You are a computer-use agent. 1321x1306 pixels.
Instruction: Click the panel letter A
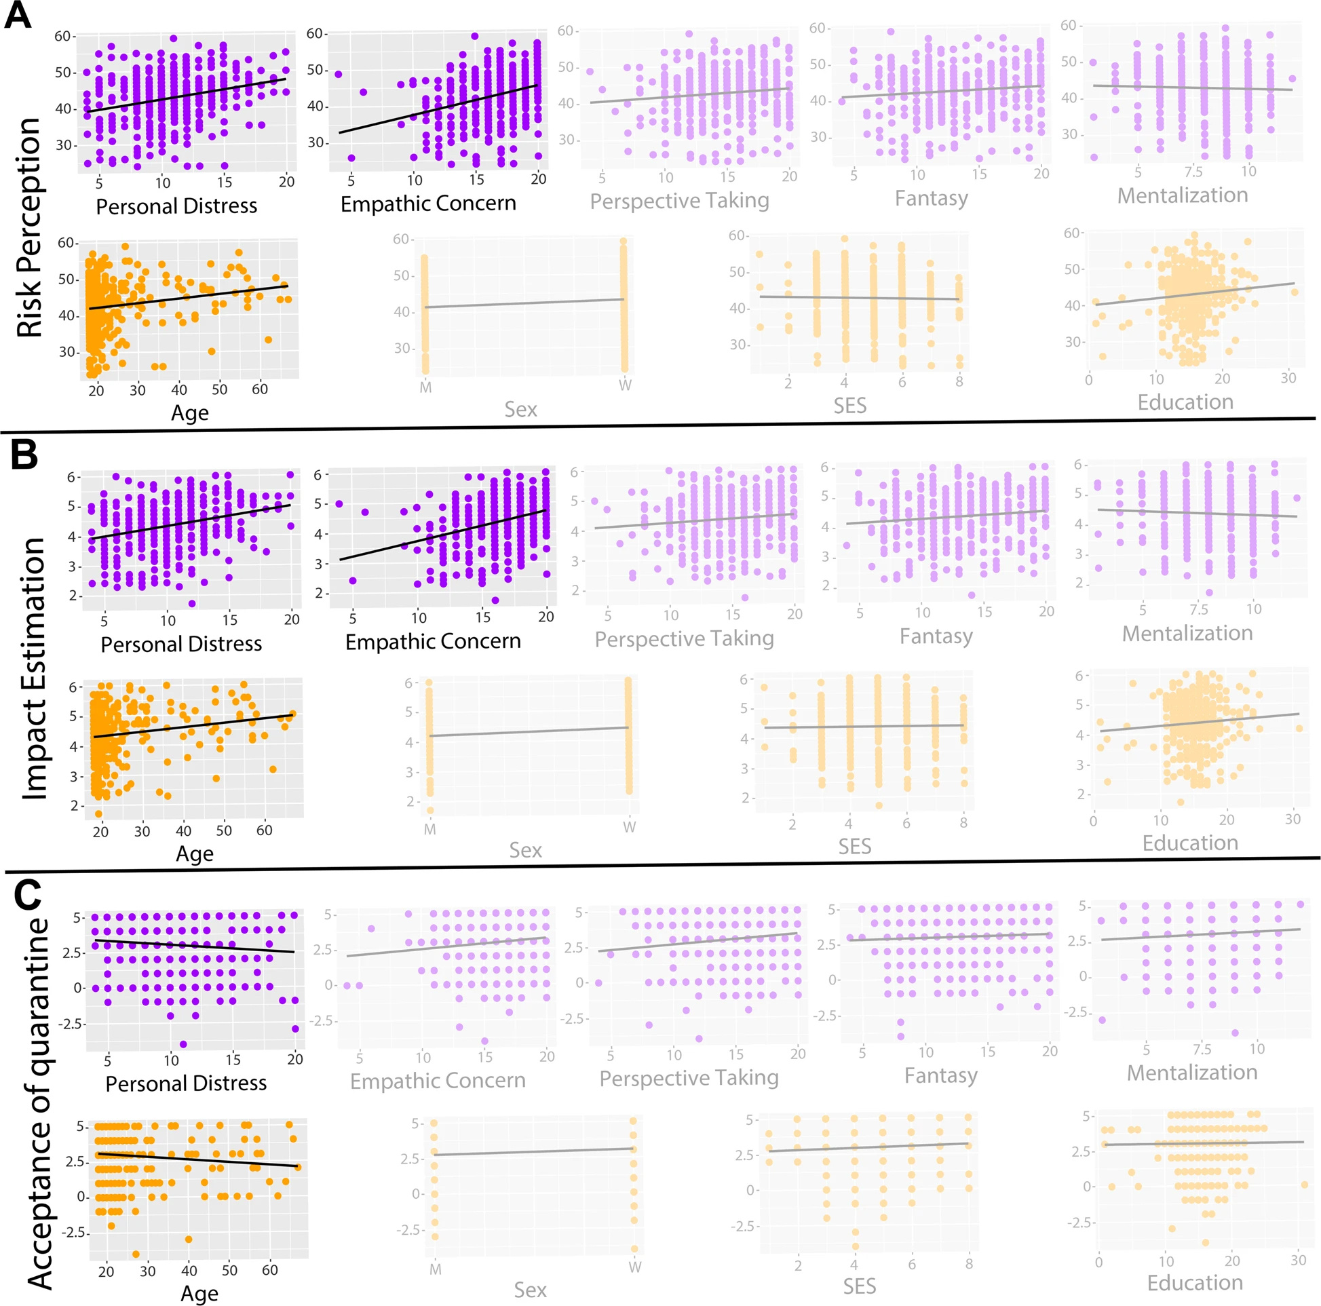pyautogui.click(x=18, y=15)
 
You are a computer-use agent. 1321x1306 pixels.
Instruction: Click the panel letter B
pyautogui.click(x=24, y=453)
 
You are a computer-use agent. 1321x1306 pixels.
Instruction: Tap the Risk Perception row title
pyautogui.click(x=30, y=227)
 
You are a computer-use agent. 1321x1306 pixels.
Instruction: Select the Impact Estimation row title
pyautogui.click(x=33, y=668)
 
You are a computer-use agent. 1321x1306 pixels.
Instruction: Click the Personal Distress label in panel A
pyautogui.click(x=176, y=206)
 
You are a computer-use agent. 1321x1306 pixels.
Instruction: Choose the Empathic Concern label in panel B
pyautogui.click(x=433, y=641)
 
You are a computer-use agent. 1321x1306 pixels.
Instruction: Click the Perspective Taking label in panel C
pyautogui.click(x=689, y=1077)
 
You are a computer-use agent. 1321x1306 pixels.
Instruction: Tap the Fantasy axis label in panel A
pyautogui.click(x=932, y=198)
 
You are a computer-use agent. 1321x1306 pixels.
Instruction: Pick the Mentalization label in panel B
pyautogui.click(x=1187, y=633)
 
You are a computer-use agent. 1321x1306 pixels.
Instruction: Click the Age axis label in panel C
pyautogui.click(x=199, y=1293)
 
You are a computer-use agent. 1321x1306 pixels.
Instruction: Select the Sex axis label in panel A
pyautogui.click(x=520, y=409)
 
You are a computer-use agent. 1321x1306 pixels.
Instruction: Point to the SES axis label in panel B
pyautogui.click(x=855, y=847)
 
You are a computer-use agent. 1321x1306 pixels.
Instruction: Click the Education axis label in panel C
pyautogui.click(x=1195, y=1283)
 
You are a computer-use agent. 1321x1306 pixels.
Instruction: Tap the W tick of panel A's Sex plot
pyautogui.click(x=625, y=385)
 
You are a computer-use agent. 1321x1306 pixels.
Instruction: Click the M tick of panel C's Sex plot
pyautogui.click(x=435, y=1269)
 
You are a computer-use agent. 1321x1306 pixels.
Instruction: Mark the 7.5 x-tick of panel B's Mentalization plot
pyautogui.click(x=1198, y=609)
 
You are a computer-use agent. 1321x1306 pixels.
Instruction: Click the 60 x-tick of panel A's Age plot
pyautogui.click(x=260, y=389)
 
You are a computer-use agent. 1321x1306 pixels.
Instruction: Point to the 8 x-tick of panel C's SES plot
pyautogui.click(x=969, y=1265)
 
